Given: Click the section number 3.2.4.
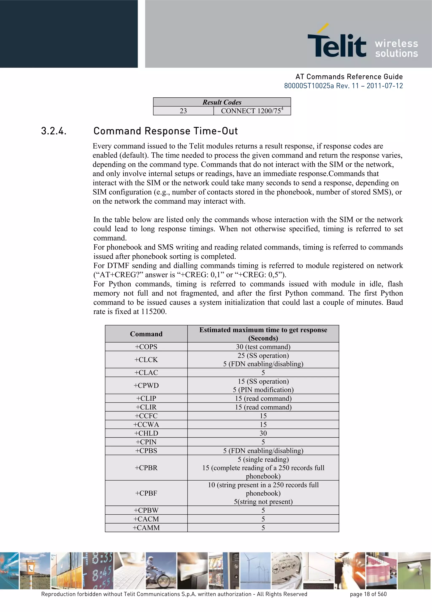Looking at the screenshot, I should point(54,131).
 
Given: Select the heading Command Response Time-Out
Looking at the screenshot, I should point(166,131).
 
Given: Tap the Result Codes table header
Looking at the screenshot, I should point(222,102).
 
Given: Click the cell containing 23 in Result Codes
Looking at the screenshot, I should point(183,111).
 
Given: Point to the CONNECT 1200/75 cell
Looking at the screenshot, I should point(252,111).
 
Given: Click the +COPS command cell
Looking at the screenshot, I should point(146,347).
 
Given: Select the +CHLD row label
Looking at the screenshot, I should point(146,433).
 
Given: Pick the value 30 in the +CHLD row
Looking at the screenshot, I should point(263,433).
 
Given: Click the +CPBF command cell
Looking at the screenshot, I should point(146,493).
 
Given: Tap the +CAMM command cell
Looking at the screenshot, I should point(146,528).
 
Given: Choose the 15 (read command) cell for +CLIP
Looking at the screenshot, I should point(263,398).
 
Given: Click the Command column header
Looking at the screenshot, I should point(146,334).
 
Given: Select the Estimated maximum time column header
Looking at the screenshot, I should point(263,334).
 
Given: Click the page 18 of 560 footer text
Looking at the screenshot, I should point(368,594).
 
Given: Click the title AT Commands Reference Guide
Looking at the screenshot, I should point(349,77).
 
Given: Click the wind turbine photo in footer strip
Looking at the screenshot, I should point(255,570).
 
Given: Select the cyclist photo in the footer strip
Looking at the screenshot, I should point(161,570).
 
